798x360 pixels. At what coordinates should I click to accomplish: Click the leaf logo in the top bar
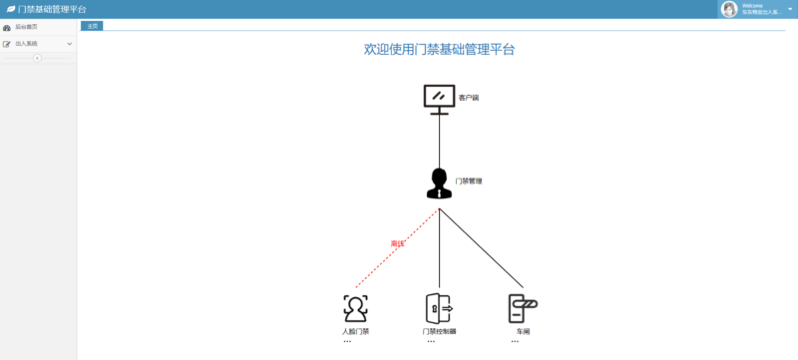coord(11,9)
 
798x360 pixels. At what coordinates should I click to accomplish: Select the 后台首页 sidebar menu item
coord(27,28)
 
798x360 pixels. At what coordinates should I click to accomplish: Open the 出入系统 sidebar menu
coord(27,44)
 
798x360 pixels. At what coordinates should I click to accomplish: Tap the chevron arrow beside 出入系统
coord(70,44)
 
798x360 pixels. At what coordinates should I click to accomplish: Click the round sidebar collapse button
coord(38,58)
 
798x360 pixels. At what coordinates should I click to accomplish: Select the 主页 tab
coord(92,25)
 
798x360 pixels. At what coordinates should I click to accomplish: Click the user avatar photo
coord(729,9)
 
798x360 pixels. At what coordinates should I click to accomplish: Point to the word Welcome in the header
coord(753,6)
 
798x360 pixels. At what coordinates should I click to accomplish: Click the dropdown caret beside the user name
coord(790,9)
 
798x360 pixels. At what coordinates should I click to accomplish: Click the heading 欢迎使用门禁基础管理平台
coord(439,49)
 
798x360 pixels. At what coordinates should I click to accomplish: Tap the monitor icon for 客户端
coord(439,97)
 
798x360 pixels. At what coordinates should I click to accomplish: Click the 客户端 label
coord(469,98)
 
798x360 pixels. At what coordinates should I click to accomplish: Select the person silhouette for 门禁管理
coord(439,183)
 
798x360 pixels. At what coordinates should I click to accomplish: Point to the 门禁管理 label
coord(469,181)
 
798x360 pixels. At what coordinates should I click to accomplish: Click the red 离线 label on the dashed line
coord(397,243)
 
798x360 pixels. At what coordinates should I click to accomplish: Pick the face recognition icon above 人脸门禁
coord(355,306)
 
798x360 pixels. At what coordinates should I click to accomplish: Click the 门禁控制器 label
coord(439,331)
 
